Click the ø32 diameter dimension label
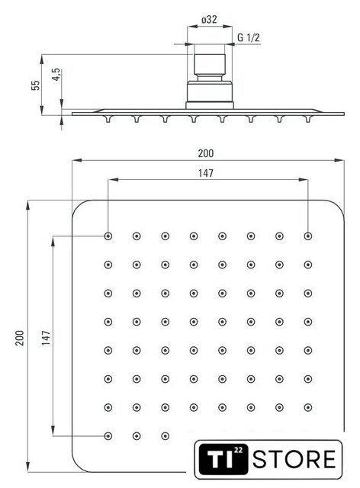(209, 20)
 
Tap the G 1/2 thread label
(248, 37)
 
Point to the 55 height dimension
(36, 85)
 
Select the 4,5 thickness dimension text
(56, 75)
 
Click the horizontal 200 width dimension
(206, 153)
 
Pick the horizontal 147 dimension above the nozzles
(206, 173)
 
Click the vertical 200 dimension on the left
(20, 338)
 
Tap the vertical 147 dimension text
(46, 338)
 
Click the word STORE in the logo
(294, 459)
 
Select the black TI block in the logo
(223, 459)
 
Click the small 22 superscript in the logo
(238, 450)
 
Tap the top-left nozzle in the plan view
(108, 236)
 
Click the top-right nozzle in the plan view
(308, 236)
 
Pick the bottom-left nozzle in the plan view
(108, 436)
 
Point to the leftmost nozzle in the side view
(108, 119)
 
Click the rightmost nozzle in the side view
(308, 119)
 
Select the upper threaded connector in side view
(210, 66)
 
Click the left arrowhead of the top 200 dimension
(77, 160)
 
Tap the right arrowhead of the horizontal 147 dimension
(303, 180)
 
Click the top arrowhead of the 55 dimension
(42, 59)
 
